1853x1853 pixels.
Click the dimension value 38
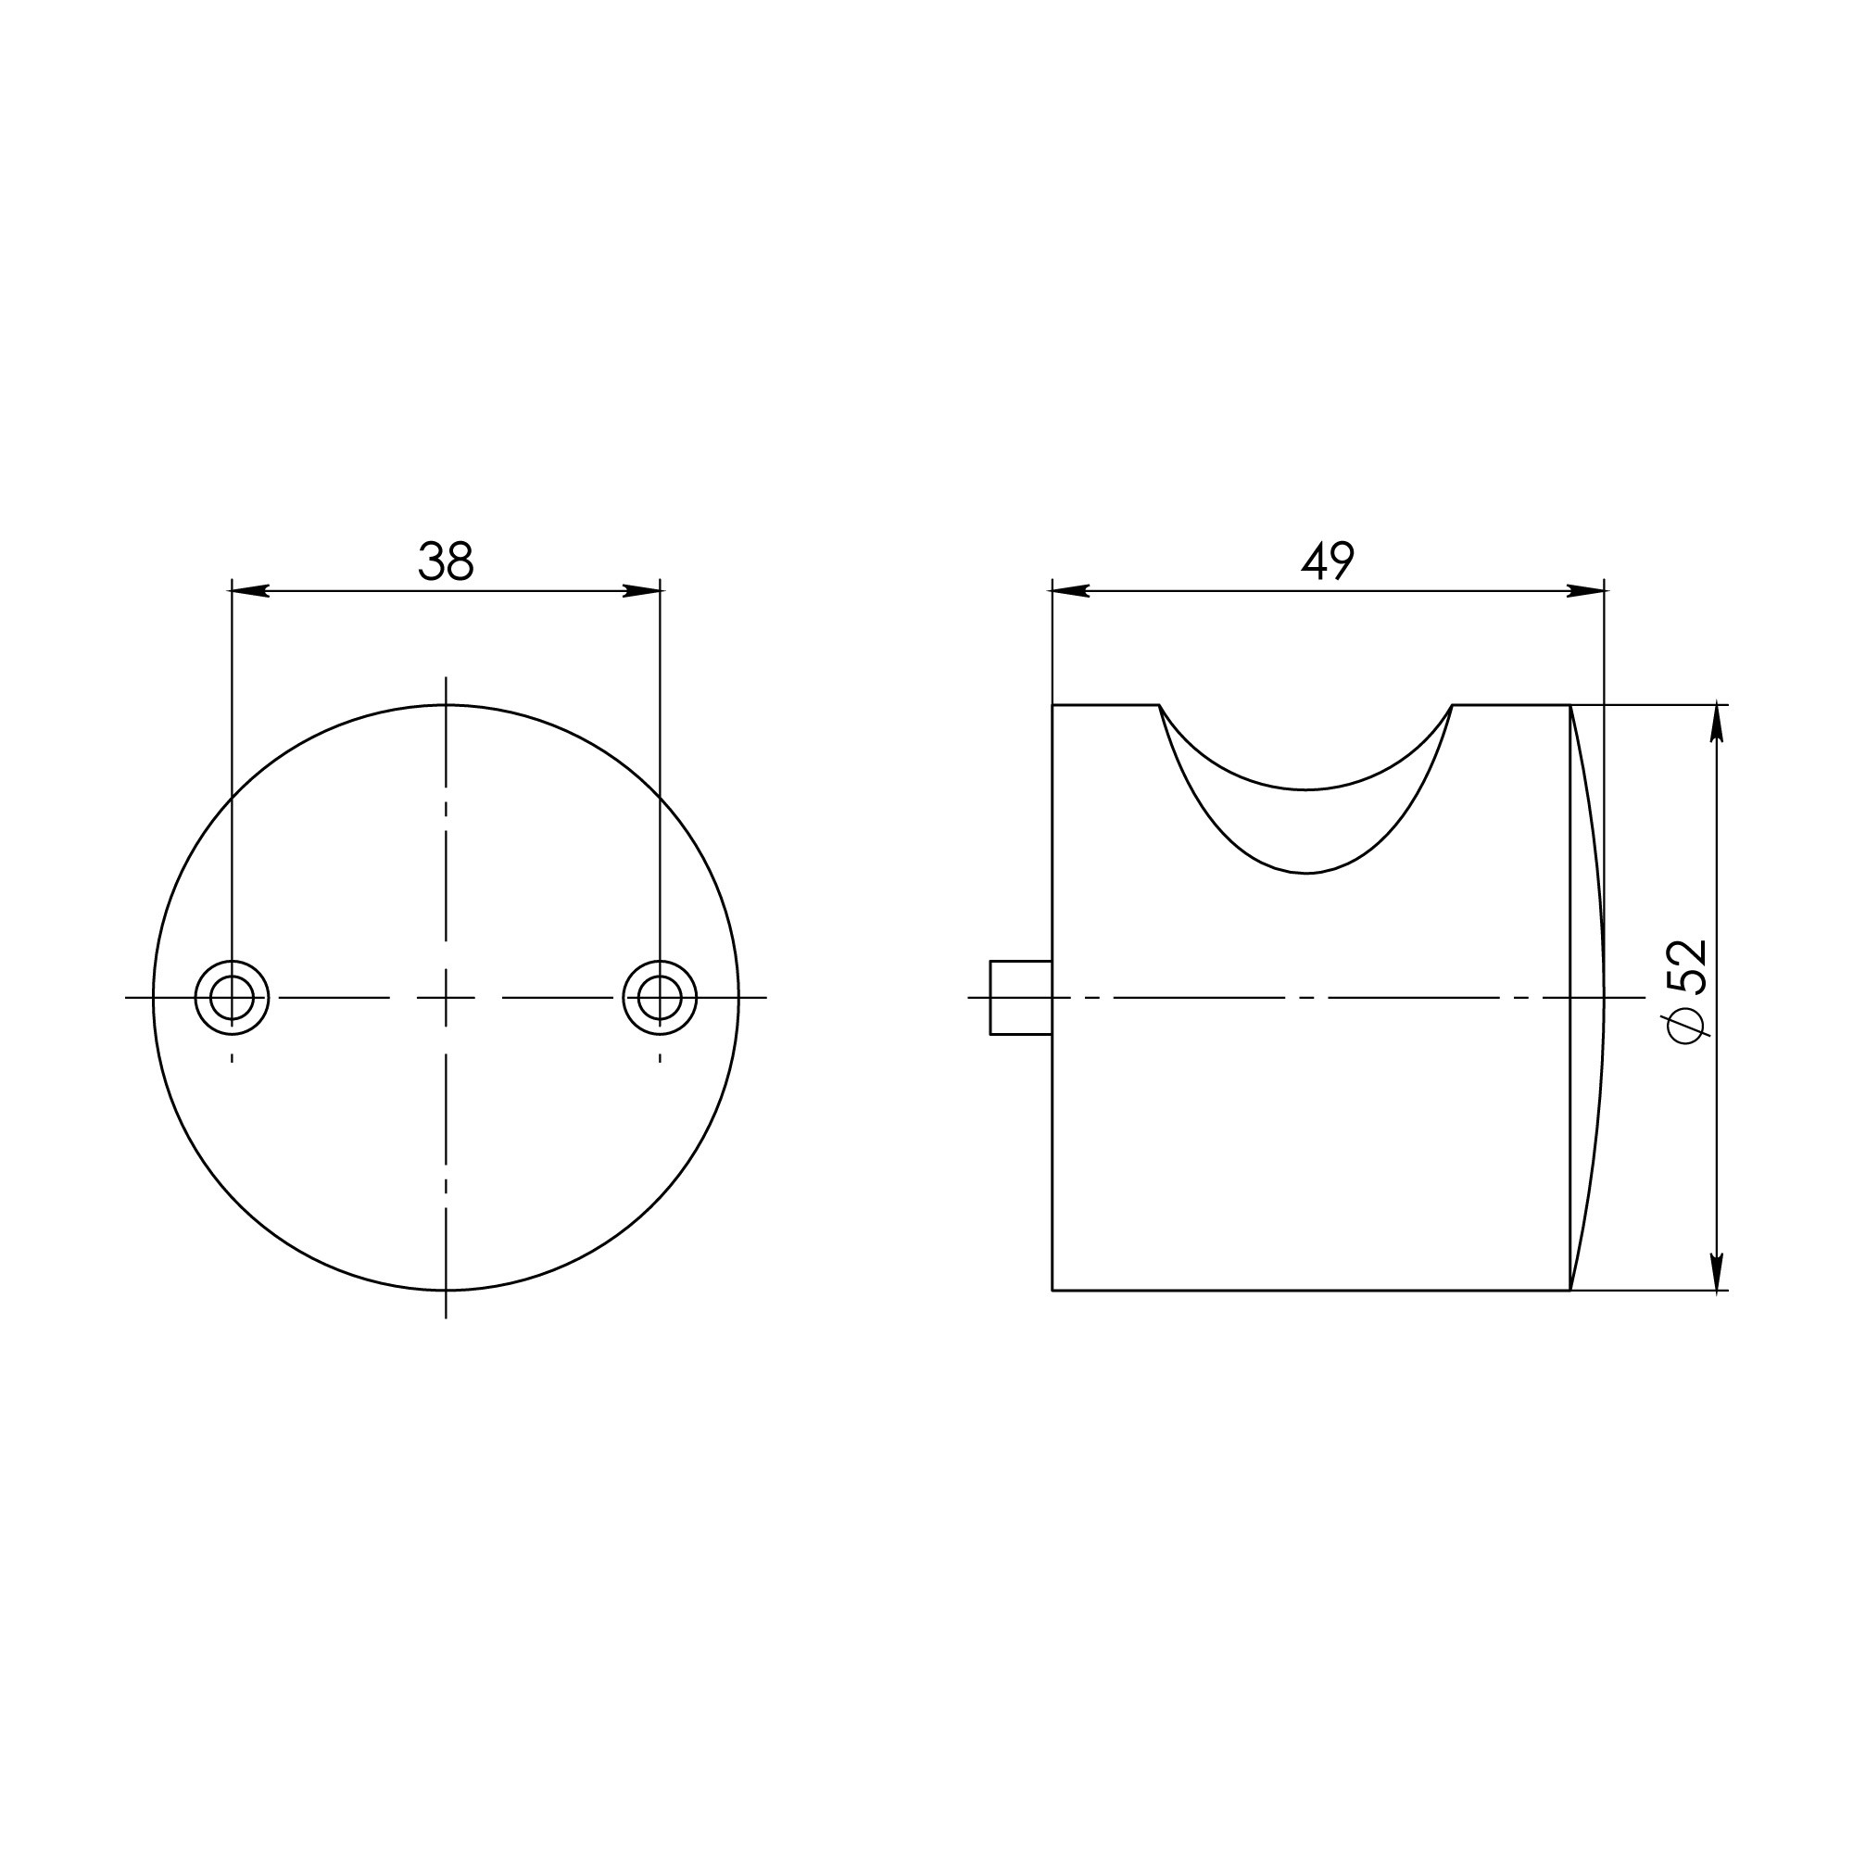click(446, 562)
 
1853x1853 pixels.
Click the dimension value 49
click(1328, 562)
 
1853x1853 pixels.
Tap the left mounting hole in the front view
click(233, 998)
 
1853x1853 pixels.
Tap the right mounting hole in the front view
click(660, 998)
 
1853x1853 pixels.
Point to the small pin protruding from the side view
click(1020, 998)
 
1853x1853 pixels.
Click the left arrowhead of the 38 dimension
click(247, 591)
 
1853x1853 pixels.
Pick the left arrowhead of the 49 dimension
click(1068, 591)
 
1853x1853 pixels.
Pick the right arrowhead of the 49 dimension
click(1588, 591)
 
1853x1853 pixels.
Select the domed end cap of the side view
click(1588, 998)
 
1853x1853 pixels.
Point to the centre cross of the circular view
click(446, 998)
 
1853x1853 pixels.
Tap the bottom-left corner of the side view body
click(1053, 1290)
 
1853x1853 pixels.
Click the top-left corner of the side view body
click(1053, 706)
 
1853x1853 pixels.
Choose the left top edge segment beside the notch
click(1105, 706)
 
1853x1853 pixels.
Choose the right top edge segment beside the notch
click(1510, 706)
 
